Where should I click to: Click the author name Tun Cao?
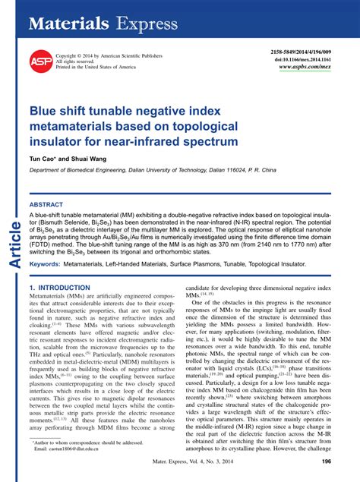[44, 159]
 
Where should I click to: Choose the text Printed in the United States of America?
[96, 68]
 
